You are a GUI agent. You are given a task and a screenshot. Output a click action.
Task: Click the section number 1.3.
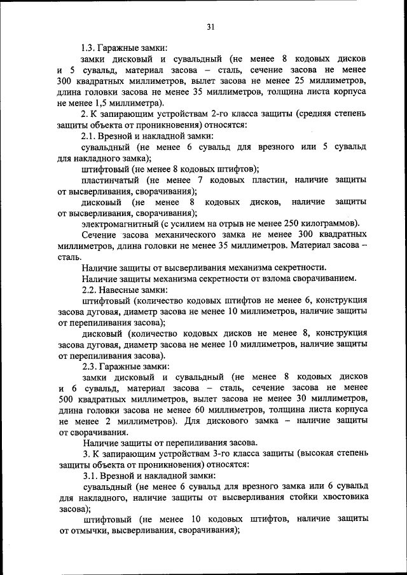point(89,47)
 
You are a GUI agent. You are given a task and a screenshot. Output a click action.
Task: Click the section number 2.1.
point(89,136)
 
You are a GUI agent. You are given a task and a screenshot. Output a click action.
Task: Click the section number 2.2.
point(89,289)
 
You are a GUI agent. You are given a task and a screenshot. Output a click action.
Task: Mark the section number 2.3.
point(89,366)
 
